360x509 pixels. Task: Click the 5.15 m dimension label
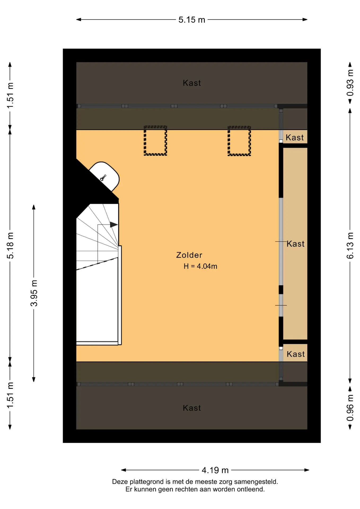tap(192, 20)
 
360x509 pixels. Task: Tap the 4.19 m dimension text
tap(215, 470)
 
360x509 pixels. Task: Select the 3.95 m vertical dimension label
tap(34, 293)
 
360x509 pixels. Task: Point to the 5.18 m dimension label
tap(10, 245)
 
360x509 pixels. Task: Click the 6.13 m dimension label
tap(350, 245)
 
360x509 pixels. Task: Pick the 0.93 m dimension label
tap(350, 83)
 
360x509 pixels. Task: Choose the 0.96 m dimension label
tap(350, 408)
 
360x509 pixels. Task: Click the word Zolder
tap(189, 255)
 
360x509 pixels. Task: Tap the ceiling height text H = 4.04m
tap(200, 266)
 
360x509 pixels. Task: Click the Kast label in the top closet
tap(192, 83)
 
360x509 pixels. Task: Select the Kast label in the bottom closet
tap(192, 408)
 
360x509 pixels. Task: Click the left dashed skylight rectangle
tap(155, 141)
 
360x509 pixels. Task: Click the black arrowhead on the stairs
tap(114, 225)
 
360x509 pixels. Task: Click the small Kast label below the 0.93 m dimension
tap(295, 138)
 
